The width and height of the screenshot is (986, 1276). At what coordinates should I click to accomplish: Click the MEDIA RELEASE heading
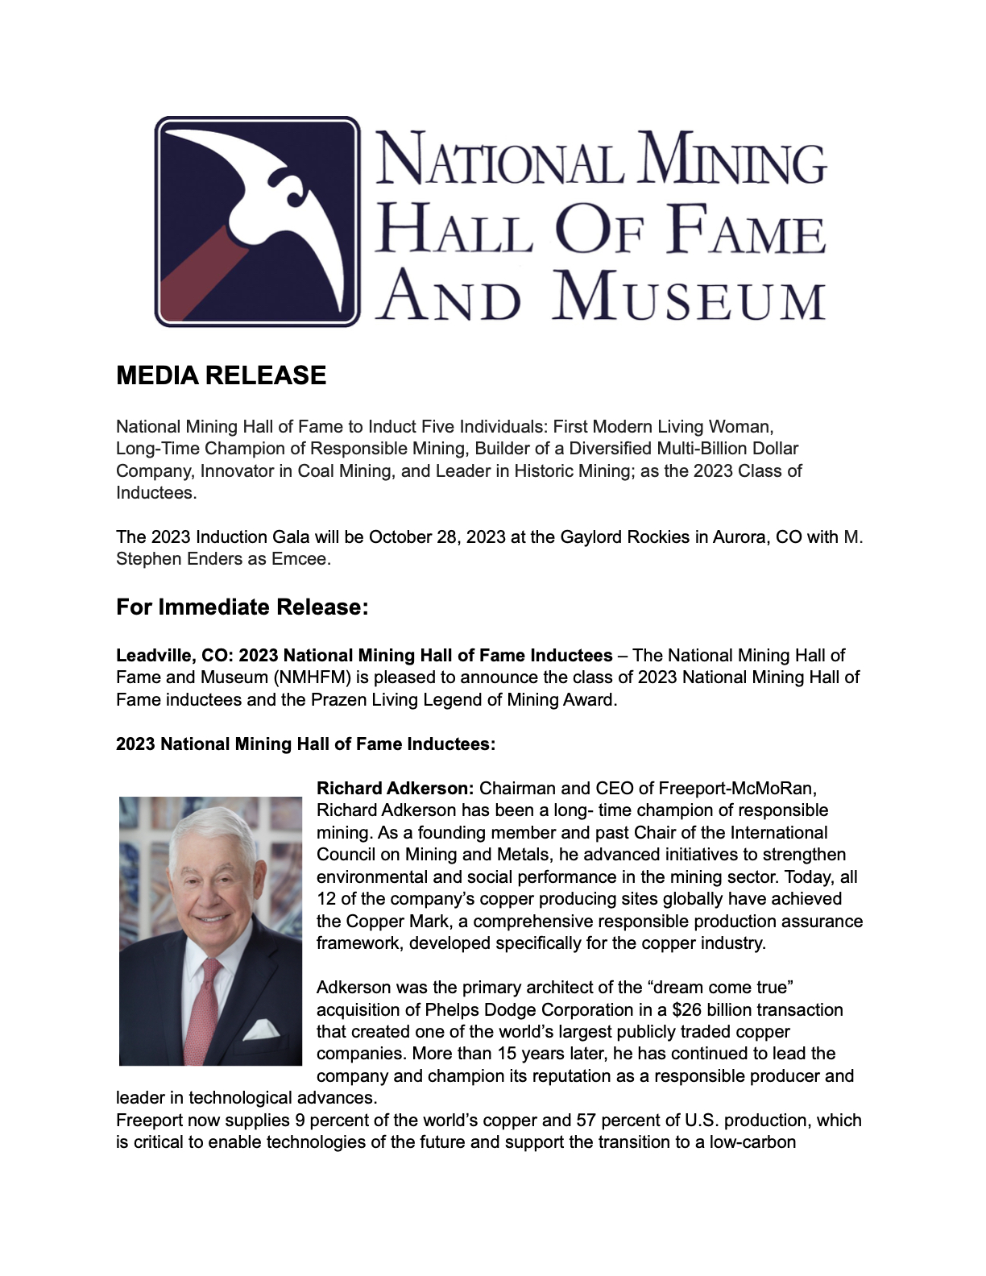coord(221,375)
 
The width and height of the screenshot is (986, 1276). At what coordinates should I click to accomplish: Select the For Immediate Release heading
coord(242,607)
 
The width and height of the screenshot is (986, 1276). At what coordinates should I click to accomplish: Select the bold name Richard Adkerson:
coord(395,788)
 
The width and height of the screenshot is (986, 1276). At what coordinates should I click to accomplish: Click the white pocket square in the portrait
coord(261,1029)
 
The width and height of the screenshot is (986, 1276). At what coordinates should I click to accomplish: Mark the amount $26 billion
coord(712,1009)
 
